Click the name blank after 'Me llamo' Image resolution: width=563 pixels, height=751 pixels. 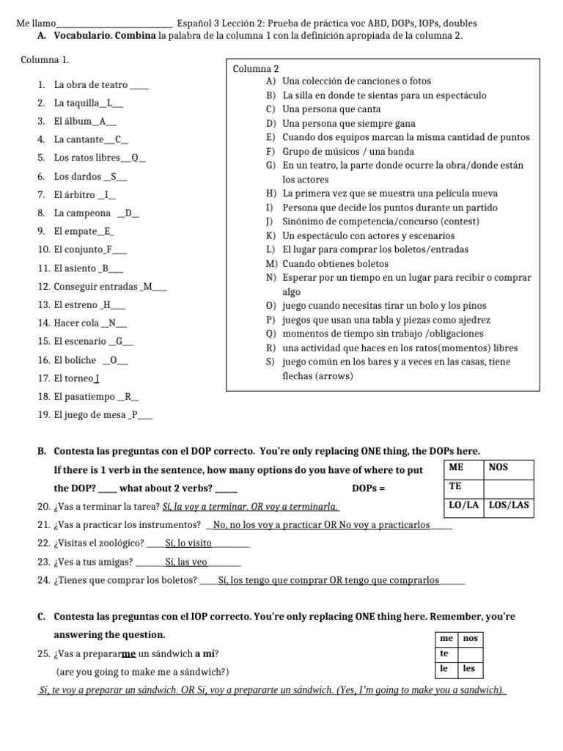tap(114, 23)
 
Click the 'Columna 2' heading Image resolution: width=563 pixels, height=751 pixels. tap(256, 68)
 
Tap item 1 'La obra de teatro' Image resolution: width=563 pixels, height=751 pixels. tap(91, 85)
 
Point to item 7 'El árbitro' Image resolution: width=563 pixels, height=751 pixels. tap(75, 195)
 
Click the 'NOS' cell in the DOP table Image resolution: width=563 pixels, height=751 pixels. tap(509, 467)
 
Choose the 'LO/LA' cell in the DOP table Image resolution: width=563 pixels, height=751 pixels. tap(463, 505)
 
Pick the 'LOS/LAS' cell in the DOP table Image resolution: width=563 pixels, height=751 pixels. tap(509, 505)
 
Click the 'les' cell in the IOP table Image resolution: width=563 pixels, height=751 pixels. tap(469, 668)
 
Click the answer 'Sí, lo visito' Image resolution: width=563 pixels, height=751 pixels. tap(189, 543)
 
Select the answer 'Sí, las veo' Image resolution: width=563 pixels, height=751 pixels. tap(187, 562)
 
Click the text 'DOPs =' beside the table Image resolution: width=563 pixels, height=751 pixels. tap(369, 488)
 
